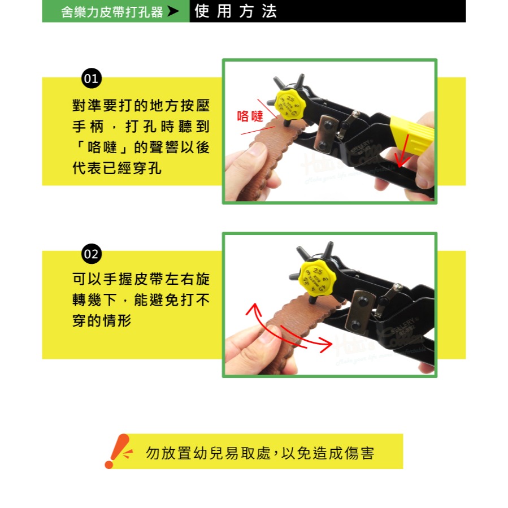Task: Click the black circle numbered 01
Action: (x=91, y=79)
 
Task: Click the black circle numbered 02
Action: (x=91, y=254)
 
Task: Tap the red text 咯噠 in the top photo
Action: (x=250, y=117)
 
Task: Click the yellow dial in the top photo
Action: (x=289, y=102)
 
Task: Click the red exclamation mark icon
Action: (x=118, y=450)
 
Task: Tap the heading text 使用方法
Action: (x=236, y=11)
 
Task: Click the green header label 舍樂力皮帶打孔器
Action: (x=111, y=12)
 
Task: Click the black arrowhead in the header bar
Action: (x=174, y=11)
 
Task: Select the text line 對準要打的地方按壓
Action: (x=141, y=106)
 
